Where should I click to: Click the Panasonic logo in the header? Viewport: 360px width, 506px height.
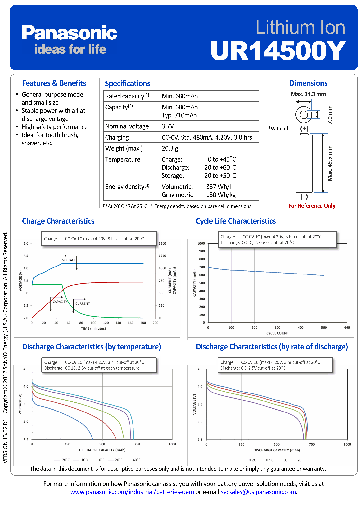[69, 33]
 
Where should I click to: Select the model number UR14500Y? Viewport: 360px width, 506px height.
[278, 50]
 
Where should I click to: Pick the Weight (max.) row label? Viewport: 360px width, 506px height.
[123, 148]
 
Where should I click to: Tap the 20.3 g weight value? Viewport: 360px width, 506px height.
[170, 148]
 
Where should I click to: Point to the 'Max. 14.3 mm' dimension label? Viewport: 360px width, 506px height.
[308, 94]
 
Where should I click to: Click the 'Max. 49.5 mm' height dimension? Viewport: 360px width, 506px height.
[330, 163]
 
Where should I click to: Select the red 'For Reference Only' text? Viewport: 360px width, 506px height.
[312, 206]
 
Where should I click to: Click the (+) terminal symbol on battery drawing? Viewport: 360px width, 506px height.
[304, 128]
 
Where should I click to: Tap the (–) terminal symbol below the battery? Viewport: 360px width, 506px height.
[304, 197]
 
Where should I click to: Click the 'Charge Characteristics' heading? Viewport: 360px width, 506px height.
[58, 221]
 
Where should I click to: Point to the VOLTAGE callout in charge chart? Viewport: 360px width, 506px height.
[69, 260]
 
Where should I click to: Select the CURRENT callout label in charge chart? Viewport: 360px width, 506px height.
[82, 303]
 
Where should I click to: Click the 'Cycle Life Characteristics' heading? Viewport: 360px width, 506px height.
[236, 221]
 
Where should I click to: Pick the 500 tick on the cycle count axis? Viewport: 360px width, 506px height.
[324, 327]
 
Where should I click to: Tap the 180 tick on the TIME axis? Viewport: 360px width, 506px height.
[143, 323]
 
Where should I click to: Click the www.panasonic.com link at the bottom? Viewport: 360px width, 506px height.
[132, 492]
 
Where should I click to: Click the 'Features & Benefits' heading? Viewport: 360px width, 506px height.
[54, 83]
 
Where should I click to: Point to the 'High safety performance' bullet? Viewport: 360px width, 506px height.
[54, 127]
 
